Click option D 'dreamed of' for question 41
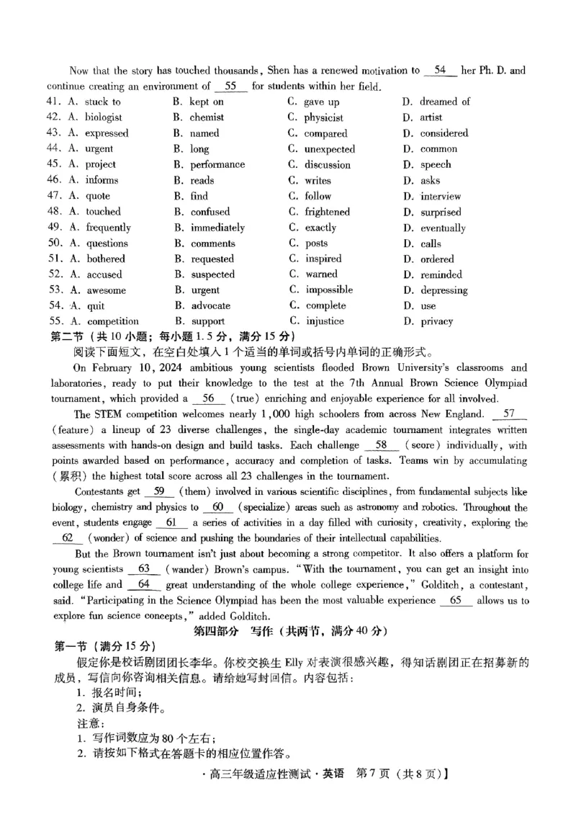click(444, 102)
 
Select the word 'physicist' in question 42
click(323, 117)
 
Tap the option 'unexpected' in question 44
click(329, 149)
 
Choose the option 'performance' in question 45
click(217, 165)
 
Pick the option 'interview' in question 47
click(441, 196)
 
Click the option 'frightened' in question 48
click(327, 212)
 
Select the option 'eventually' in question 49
click(443, 228)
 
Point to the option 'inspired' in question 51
click(323, 259)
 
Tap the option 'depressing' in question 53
click(444, 290)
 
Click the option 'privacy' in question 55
click(436, 321)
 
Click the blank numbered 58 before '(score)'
click(382, 445)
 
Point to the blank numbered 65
click(455, 600)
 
